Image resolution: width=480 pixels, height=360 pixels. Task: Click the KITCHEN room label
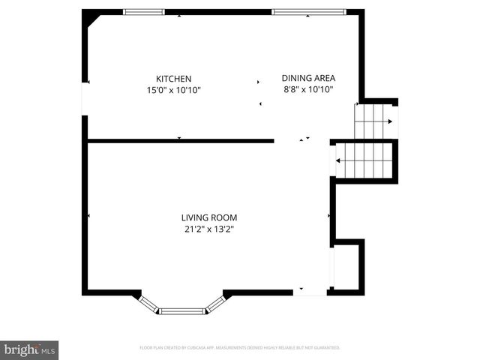tap(173, 79)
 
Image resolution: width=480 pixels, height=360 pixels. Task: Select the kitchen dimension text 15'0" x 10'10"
tap(173, 90)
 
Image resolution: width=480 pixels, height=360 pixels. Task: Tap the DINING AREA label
tap(308, 78)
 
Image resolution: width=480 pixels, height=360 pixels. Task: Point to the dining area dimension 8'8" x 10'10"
tap(308, 89)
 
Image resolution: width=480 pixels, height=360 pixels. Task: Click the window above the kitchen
tap(143, 12)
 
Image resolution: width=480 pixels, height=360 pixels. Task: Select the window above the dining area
tap(308, 12)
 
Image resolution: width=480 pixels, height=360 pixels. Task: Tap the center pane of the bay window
tap(182, 310)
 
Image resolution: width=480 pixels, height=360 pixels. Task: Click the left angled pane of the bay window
tap(149, 303)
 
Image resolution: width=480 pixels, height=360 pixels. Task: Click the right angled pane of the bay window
tap(215, 303)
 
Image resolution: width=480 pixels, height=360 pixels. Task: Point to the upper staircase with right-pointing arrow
tap(374, 121)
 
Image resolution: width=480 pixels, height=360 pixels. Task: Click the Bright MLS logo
tap(29, 349)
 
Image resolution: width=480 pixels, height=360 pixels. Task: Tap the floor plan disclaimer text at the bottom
tap(240, 348)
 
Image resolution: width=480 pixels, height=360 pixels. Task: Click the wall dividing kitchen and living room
tap(180, 140)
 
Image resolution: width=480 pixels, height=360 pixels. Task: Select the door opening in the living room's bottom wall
tap(309, 292)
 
